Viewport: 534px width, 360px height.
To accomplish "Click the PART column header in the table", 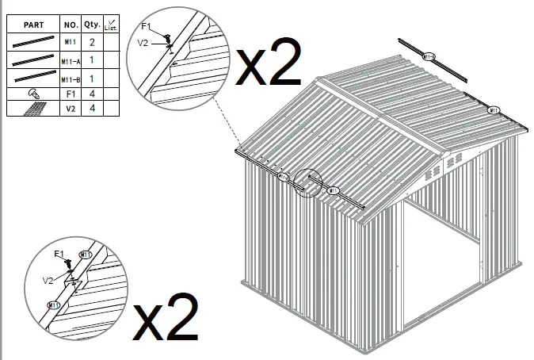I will point(33,25).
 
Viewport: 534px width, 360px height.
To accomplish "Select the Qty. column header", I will point(93,25).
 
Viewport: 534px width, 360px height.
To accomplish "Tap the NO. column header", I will point(70,25).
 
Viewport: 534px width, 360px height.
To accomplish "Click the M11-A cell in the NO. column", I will point(69,60).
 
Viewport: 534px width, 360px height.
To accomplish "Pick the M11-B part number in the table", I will point(69,80).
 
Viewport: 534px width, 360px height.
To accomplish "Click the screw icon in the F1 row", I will point(33,94).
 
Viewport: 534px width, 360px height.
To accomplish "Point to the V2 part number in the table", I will point(70,109).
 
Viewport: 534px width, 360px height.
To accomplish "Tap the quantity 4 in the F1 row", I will point(93,94).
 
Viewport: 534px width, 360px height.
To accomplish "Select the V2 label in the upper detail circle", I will point(143,43).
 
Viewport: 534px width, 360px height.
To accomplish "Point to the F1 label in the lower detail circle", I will point(58,254).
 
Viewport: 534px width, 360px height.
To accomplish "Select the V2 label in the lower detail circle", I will point(48,281).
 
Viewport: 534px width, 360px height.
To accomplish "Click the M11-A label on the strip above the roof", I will point(429,56).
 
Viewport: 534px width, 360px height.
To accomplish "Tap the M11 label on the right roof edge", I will point(494,109).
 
